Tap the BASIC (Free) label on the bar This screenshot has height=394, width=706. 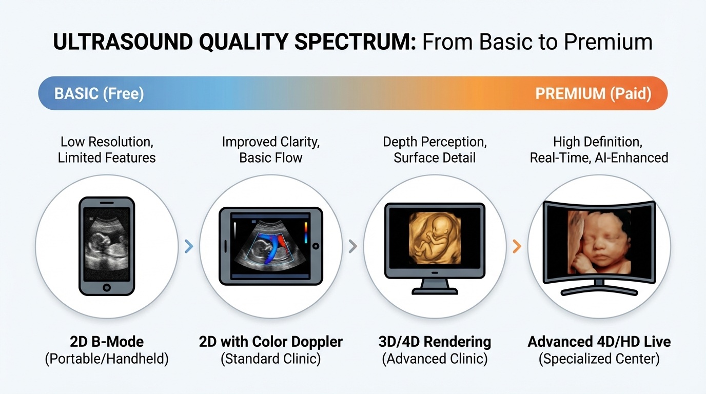(99, 94)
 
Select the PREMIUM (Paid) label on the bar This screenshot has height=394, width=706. (593, 94)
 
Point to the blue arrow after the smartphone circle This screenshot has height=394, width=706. (189, 247)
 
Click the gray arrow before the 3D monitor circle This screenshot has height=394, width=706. (352, 247)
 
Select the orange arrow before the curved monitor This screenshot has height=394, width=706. (517, 247)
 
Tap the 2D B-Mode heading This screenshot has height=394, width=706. (107, 342)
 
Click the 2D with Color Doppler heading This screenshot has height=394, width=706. (270, 342)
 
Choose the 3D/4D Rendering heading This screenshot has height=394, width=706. (435, 342)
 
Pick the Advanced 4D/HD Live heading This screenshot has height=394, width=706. (599, 342)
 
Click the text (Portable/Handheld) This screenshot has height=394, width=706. (107, 359)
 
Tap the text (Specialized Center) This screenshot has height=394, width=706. (599, 359)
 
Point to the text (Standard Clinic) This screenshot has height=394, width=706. (270, 359)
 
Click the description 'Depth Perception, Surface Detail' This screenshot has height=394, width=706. (435, 149)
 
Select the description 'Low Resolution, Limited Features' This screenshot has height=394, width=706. (107, 149)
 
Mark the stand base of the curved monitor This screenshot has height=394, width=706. (599, 291)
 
